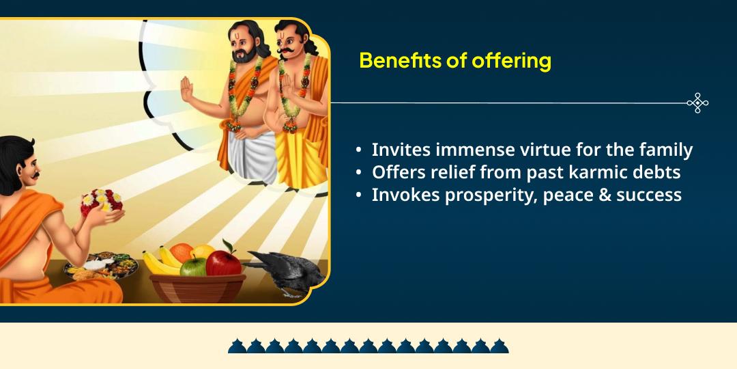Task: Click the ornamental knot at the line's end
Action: click(697, 103)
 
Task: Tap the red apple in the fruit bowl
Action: click(223, 262)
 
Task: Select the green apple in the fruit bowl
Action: click(193, 266)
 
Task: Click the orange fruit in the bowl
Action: click(182, 252)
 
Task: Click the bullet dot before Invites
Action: click(359, 150)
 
